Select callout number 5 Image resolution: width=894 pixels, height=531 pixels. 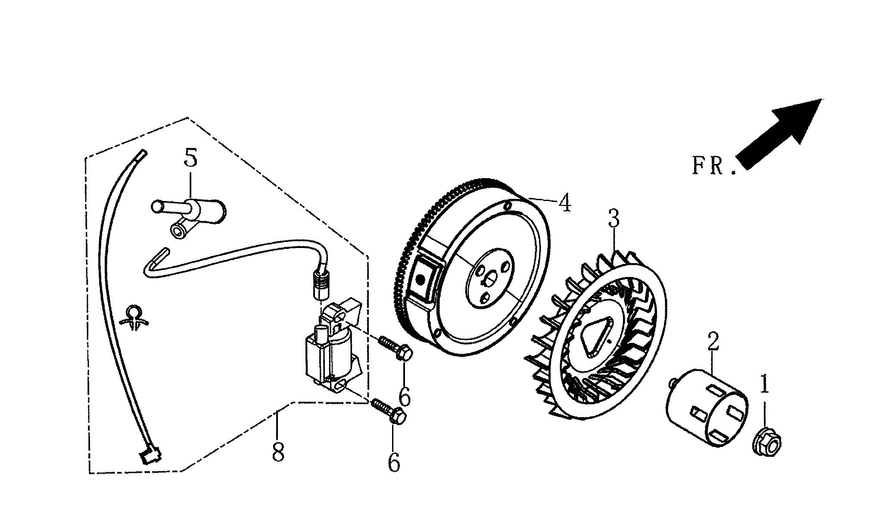pyautogui.click(x=190, y=158)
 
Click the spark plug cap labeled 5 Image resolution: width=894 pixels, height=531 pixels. pyautogui.click(x=190, y=212)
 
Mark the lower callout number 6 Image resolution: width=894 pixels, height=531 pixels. pyautogui.click(x=394, y=462)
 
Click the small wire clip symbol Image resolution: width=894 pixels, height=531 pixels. pyautogui.click(x=134, y=317)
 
